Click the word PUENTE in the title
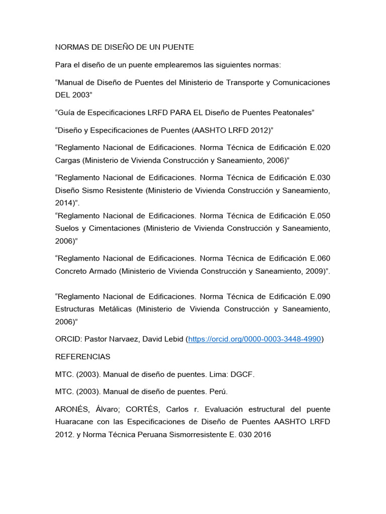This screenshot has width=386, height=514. click(177, 47)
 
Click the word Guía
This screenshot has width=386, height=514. click(68, 112)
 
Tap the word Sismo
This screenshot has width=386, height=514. click(96, 191)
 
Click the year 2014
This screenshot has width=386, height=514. click(64, 204)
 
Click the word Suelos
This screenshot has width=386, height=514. click(68, 228)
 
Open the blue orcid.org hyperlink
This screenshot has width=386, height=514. click(254, 339)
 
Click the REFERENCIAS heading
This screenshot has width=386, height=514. click(82, 357)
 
